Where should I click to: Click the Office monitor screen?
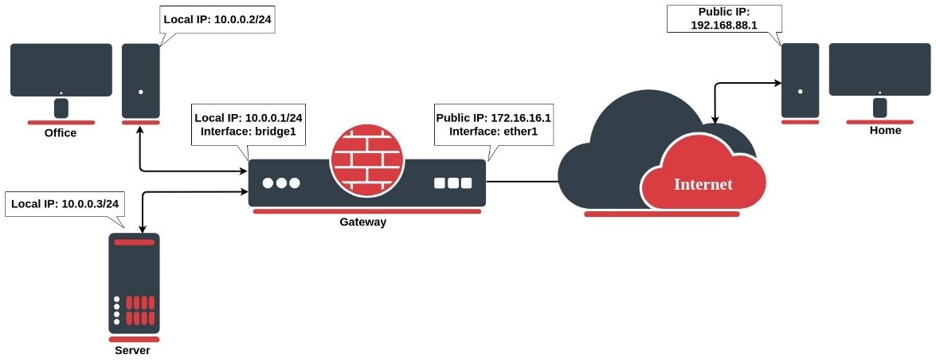tap(61, 69)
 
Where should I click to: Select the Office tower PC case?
tap(141, 80)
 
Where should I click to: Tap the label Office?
tap(61, 133)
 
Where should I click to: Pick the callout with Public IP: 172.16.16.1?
tap(493, 124)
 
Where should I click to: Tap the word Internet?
tap(703, 184)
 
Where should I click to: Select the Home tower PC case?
tap(801, 80)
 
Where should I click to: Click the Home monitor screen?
tap(879, 69)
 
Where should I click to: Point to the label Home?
tap(885, 131)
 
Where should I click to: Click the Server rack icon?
tap(134, 283)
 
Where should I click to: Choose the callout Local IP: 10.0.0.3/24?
tap(65, 204)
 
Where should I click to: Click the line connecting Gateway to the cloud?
tap(522, 182)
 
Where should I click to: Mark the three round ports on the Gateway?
tap(281, 183)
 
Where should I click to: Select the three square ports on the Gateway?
tap(454, 183)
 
